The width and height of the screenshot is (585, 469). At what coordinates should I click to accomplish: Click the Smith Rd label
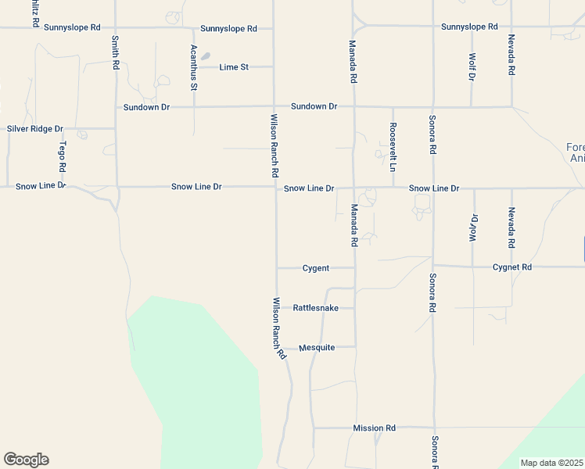115,52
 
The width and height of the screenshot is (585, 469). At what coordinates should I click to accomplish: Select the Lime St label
234,67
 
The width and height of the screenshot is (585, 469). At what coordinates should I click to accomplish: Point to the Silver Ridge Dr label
34,128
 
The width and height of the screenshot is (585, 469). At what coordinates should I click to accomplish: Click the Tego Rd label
62,157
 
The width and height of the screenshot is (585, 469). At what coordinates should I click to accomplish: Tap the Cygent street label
316,268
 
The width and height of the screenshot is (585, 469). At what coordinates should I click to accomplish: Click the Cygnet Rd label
512,267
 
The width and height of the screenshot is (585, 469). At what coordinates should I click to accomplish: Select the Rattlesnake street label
315,308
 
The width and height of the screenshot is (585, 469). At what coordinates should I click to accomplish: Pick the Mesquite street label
317,348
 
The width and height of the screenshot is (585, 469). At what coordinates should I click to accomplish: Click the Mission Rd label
374,428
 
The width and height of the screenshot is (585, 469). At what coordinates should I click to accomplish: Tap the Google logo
26,460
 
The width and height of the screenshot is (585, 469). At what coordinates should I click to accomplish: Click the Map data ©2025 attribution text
551,463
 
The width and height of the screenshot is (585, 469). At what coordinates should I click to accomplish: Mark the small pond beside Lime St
205,56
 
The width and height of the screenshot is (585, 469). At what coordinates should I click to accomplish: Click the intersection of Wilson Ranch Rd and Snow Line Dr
275,188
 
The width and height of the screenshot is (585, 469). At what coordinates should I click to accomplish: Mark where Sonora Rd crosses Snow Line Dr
432,188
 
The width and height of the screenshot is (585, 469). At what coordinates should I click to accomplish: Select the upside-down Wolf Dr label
472,227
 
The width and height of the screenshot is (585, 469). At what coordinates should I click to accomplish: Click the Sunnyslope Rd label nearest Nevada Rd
469,27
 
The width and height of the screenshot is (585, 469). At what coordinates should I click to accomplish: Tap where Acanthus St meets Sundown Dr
194,107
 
